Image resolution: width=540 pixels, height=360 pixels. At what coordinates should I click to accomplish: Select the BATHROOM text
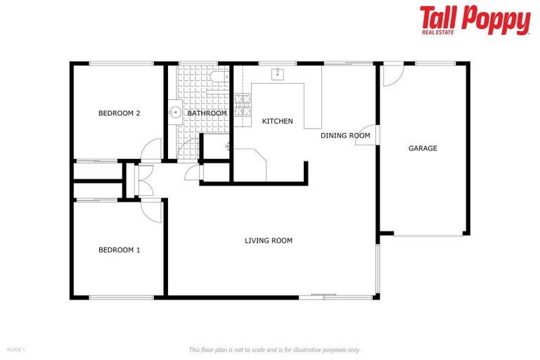(207, 113)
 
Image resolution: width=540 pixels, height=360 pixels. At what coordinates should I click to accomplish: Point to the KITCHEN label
(277, 122)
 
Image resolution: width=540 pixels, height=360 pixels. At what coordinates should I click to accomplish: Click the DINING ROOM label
(345, 136)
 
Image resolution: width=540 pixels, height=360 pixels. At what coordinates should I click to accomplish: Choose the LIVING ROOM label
(268, 240)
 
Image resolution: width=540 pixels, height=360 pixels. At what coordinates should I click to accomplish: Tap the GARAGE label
(423, 148)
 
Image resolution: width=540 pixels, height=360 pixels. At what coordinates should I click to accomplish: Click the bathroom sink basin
(174, 112)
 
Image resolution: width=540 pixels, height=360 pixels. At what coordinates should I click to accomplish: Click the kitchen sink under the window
(278, 73)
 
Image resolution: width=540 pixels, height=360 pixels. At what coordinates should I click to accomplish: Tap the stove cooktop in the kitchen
(242, 105)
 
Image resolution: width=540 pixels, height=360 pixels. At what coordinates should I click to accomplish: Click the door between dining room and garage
(366, 137)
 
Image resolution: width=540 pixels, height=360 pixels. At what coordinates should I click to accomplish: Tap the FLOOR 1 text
(16, 349)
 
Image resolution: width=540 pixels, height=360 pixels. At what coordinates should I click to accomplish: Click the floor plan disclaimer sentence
(275, 349)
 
